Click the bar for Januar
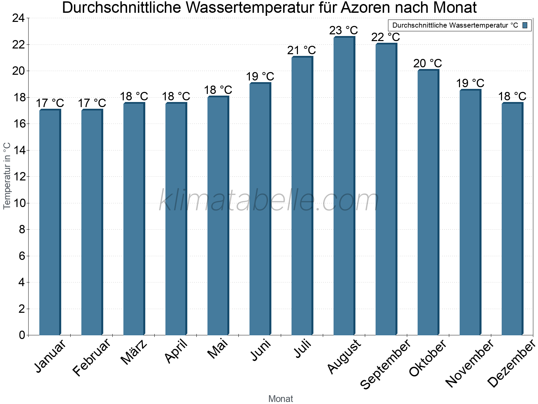[50, 222]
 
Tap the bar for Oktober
[428, 202]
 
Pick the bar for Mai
[218, 215]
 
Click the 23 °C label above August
[343, 31]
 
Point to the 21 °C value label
[301, 50]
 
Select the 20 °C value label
[427, 63]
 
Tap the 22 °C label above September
[385, 37]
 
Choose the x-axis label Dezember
[511, 364]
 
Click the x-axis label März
[134, 352]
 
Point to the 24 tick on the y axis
[18, 18]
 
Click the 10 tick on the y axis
[18, 203]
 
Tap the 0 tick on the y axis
[22, 335]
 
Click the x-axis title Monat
[280, 399]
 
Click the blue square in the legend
[525, 25]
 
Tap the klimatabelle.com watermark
[269, 201]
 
